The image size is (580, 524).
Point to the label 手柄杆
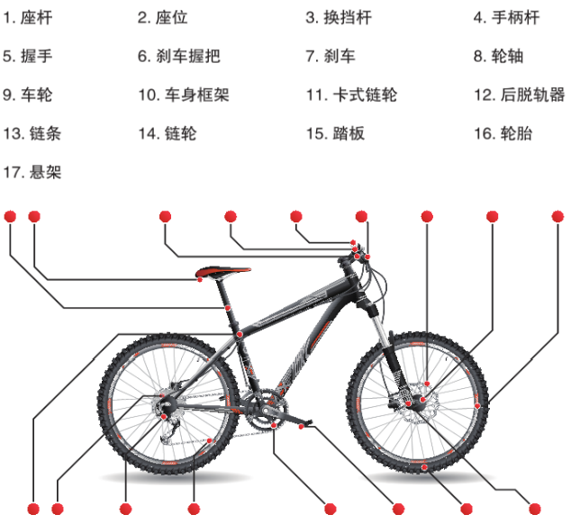(x=505, y=17)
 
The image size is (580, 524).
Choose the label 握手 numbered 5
(x=27, y=56)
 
